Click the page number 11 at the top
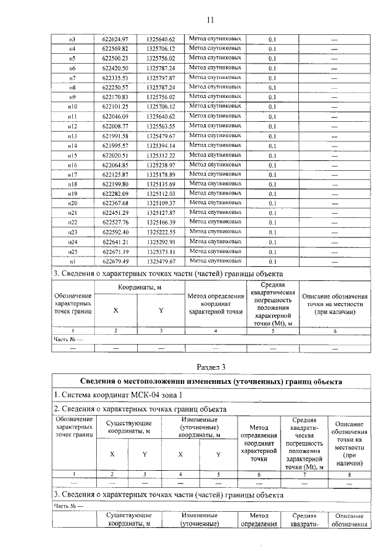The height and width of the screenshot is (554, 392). [x=210, y=20]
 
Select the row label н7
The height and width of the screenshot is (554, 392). [x=72, y=78]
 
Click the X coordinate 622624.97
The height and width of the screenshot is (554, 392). [x=115, y=39]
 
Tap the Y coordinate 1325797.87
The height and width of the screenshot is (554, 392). [x=160, y=78]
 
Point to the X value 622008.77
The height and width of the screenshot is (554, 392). [x=115, y=126]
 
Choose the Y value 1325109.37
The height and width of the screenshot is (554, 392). [x=160, y=203]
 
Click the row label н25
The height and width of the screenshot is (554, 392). [x=72, y=252]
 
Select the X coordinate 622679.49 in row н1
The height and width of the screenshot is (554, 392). [x=115, y=261]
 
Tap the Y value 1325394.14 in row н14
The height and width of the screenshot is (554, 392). [x=160, y=146]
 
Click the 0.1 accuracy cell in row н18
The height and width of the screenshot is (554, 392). [x=272, y=184]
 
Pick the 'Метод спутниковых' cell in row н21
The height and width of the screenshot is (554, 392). [x=215, y=212]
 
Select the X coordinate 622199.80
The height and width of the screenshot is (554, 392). [x=115, y=184]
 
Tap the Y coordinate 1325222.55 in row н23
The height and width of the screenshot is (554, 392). [x=160, y=232]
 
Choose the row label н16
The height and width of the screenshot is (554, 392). [x=72, y=165]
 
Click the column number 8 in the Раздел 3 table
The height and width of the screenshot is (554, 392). [x=349, y=474]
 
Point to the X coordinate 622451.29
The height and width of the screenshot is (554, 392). [x=115, y=213]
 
